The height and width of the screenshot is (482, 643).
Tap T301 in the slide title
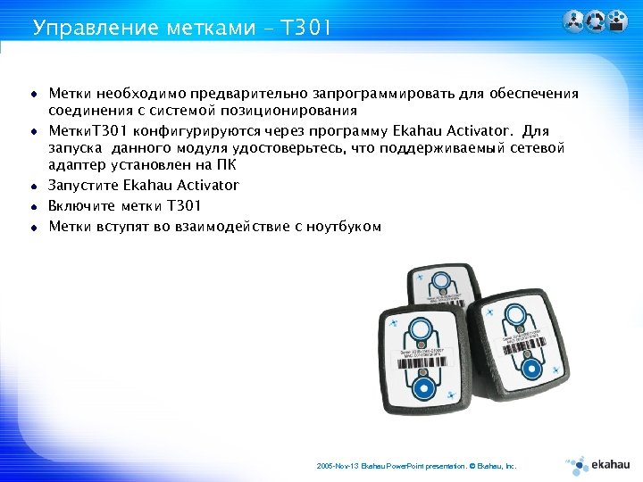click(305, 28)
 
